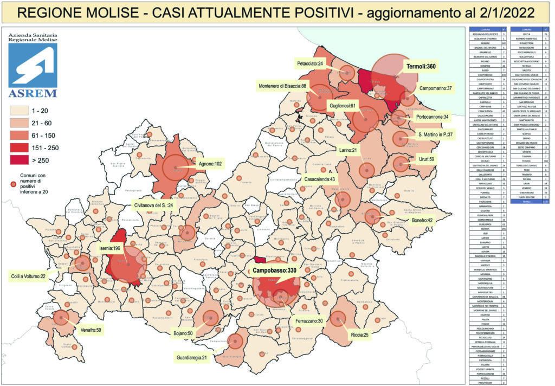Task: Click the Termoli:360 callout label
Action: (422, 67)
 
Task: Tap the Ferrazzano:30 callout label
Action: (310, 320)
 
